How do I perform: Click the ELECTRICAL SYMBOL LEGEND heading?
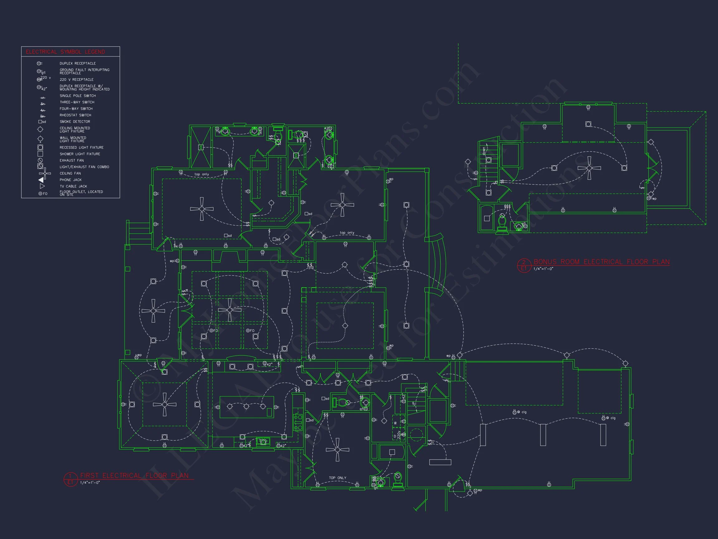pyautogui.click(x=65, y=52)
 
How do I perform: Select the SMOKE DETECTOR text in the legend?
pyautogui.click(x=75, y=122)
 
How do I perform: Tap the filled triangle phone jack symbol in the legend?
pyautogui.click(x=41, y=180)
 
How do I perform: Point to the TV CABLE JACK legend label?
pyautogui.click(x=73, y=187)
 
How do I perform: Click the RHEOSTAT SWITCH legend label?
pyautogui.click(x=75, y=115)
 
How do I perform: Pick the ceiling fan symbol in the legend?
pyautogui.click(x=45, y=173)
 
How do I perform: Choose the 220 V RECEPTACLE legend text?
pyautogui.click(x=76, y=80)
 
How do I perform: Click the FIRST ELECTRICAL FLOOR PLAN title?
pyautogui.click(x=134, y=476)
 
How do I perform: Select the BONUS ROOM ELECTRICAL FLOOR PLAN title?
pyautogui.click(x=601, y=262)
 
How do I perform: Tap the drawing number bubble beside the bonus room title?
pyautogui.click(x=523, y=265)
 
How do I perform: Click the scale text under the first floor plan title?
pyautogui.click(x=90, y=483)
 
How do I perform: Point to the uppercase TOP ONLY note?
pyautogui.click(x=337, y=478)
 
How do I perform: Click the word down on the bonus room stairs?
pyautogui.click(x=484, y=151)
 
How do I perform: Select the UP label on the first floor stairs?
pyautogui.click(x=414, y=404)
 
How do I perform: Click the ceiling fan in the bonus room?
pyautogui.click(x=589, y=168)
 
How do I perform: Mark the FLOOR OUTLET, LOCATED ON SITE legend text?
pyautogui.click(x=81, y=193)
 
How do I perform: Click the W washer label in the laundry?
pyautogui.click(x=395, y=423)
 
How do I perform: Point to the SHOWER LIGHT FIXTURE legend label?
pyautogui.click(x=80, y=154)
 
